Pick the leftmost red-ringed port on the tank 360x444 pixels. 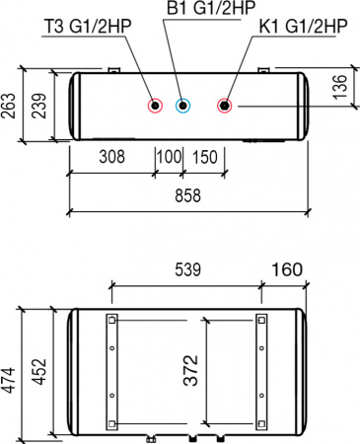pos(155,106)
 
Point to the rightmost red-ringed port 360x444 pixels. pos(226,106)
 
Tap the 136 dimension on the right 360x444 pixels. pos(339,87)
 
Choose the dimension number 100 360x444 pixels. pos(169,158)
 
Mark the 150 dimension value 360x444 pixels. pos(204,158)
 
